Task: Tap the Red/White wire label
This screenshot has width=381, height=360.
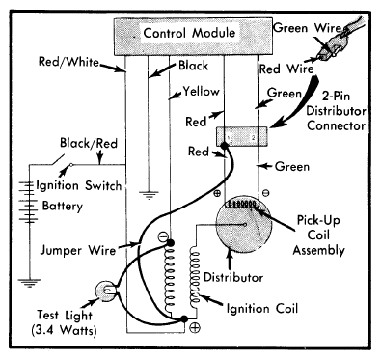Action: point(68,62)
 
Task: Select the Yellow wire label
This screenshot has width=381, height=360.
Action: point(201,92)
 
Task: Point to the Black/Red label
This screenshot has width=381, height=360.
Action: point(89,143)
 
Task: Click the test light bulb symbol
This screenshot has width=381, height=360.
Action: point(105,291)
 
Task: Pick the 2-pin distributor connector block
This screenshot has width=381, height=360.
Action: point(242,136)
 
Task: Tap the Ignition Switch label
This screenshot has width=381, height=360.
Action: point(79,185)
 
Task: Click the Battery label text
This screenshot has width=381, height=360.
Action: point(63,206)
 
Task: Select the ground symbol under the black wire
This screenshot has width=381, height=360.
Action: point(149,196)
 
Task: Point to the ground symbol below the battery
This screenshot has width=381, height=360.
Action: point(29,283)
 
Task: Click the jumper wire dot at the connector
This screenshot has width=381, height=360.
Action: point(224,146)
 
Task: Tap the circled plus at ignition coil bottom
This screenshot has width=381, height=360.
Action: point(195,328)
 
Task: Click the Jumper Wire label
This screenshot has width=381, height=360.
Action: point(78,250)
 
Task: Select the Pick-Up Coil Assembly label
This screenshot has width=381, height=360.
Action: point(318,235)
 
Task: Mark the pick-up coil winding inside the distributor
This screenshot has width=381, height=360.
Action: point(243,204)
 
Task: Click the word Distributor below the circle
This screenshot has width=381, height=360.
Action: point(233,277)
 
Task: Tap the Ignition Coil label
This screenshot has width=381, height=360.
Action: point(262,309)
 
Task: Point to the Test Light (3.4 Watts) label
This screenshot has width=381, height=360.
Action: point(64,322)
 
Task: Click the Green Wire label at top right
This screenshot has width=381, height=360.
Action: point(307,28)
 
